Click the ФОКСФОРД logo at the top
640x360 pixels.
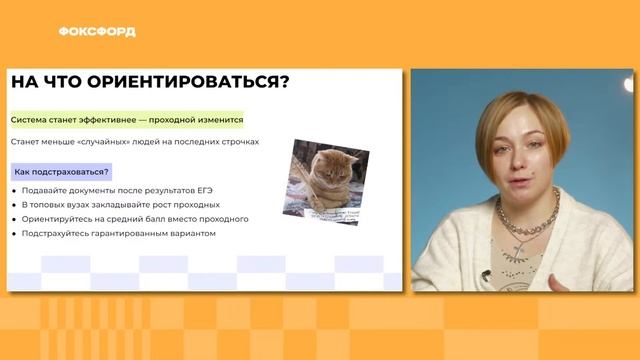[x=97, y=31]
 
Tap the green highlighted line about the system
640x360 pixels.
[x=126, y=120]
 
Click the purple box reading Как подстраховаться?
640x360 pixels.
[x=62, y=172]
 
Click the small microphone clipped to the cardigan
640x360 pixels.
[x=485, y=274]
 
